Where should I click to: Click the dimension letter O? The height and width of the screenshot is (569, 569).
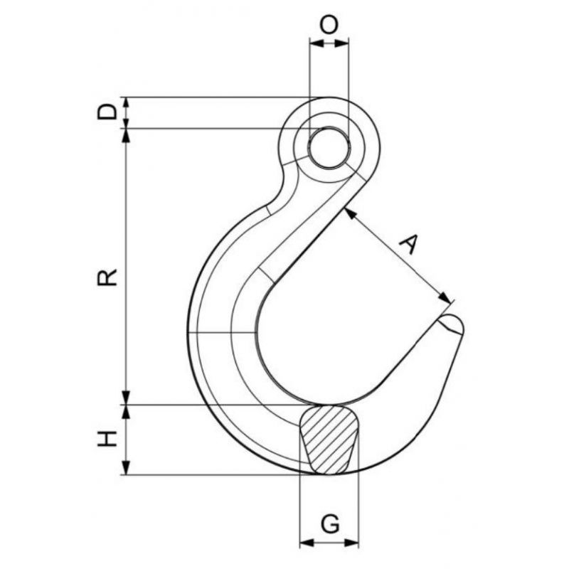(x=329, y=25)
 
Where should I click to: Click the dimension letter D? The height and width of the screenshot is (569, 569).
(x=107, y=112)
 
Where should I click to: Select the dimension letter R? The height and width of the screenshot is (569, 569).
(x=107, y=277)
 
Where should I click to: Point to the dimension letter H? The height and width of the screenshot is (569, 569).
(x=107, y=439)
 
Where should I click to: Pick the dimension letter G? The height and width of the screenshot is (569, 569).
(x=330, y=523)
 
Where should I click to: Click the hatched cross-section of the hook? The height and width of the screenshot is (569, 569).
(x=329, y=440)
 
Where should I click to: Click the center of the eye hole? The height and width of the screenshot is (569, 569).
(x=329, y=148)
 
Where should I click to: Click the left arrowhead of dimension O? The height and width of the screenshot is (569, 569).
(x=317, y=43)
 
